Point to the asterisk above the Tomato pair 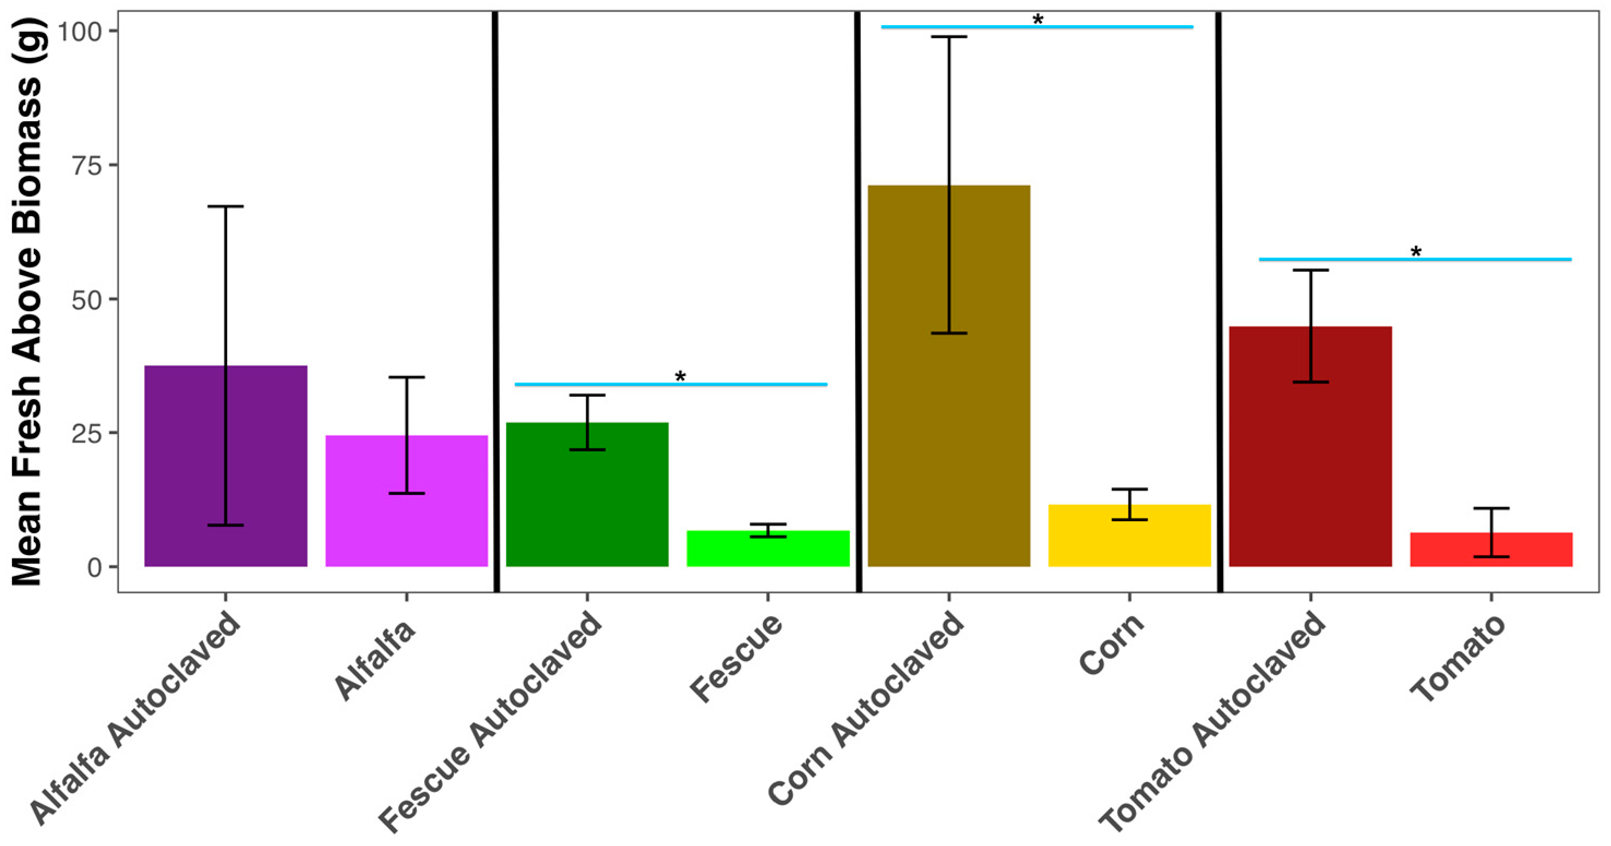[1416, 253]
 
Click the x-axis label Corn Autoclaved [866, 710]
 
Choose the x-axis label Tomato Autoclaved [1213, 722]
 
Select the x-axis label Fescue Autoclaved [491, 722]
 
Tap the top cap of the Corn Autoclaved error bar [949, 37]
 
